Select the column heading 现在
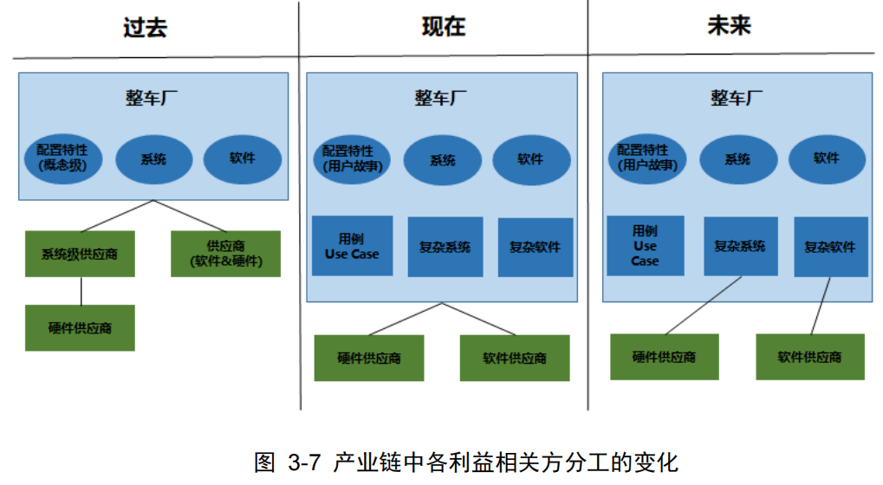coord(444,27)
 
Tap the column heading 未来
coord(729,27)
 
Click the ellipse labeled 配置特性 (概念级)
coord(62,158)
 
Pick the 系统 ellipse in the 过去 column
coord(153,159)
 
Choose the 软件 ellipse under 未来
coord(826,158)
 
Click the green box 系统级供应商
coord(80,255)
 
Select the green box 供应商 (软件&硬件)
coord(225,254)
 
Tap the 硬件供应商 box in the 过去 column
coord(80,328)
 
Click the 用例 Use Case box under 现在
coord(353,246)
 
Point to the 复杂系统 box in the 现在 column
coord(445,247)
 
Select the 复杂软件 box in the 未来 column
coord(830,246)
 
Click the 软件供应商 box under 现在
coord(515,358)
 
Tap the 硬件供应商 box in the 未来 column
coord(664,356)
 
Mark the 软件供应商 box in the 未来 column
coord(809,356)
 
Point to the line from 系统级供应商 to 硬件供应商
coord(81,291)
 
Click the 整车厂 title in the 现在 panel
coord(442,98)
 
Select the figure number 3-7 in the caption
coord(304,462)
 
